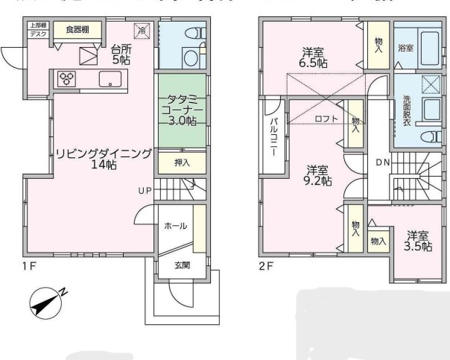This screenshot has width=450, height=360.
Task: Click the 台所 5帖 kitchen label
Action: click(x=121, y=54)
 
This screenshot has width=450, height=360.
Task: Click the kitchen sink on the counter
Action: click(x=109, y=80)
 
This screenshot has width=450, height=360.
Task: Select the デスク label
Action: click(x=37, y=34)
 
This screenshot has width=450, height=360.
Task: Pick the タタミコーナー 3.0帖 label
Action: click(x=180, y=110)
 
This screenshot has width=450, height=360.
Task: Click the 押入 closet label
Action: click(x=182, y=163)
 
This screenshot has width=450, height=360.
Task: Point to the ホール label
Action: click(x=175, y=226)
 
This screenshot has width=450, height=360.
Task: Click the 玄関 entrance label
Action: click(x=183, y=265)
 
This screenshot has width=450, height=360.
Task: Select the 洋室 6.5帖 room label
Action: click(x=312, y=57)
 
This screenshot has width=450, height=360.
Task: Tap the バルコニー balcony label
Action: click(x=273, y=136)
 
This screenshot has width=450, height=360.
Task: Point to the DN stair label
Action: click(x=381, y=162)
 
